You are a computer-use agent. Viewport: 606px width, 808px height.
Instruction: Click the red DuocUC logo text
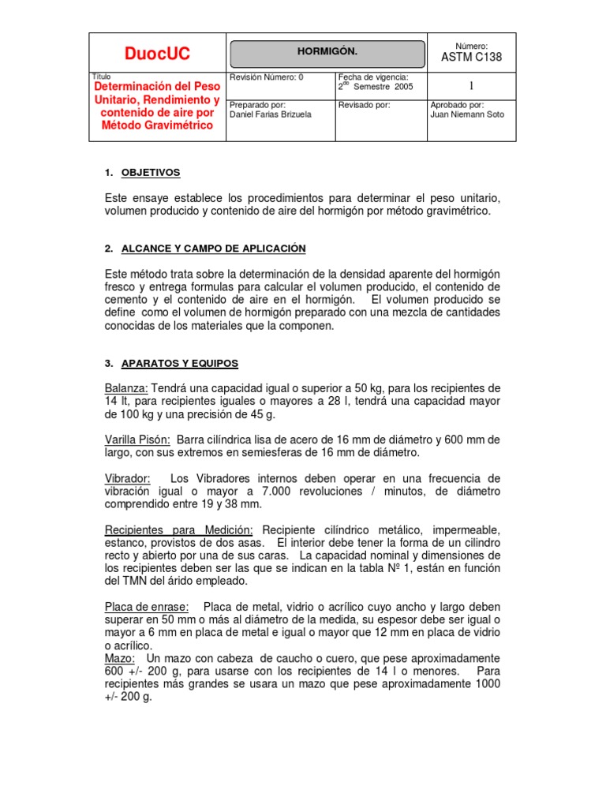(x=157, y=54)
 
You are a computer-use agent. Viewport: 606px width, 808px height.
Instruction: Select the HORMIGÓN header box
(x=327, y=52)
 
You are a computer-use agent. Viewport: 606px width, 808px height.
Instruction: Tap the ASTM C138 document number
(x=471, y=58)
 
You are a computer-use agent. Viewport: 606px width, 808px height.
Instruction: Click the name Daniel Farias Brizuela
(x=269, y=114)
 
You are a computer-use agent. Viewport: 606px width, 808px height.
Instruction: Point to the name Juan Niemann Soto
(x=467, y=114)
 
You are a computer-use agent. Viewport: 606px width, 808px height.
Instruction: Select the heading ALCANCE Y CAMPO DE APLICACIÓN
(x=213, y=249)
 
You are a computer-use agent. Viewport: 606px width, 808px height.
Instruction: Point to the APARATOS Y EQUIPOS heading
(x=180, y=364)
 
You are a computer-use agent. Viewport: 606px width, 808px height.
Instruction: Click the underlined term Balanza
(x=125, y=388)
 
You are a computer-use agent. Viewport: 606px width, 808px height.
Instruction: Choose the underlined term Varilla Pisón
(x=137, y=440)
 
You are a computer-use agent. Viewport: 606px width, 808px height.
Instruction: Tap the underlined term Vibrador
(x=127, y=479)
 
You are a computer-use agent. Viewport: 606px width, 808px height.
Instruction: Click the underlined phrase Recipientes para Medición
(x=179, y=529)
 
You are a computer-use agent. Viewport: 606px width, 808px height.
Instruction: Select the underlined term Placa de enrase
(x=147, y=607)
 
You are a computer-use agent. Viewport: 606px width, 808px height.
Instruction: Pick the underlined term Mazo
(x=120, y=658)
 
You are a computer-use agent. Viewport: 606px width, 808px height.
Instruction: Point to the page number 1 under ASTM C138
(x=471, y=85)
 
